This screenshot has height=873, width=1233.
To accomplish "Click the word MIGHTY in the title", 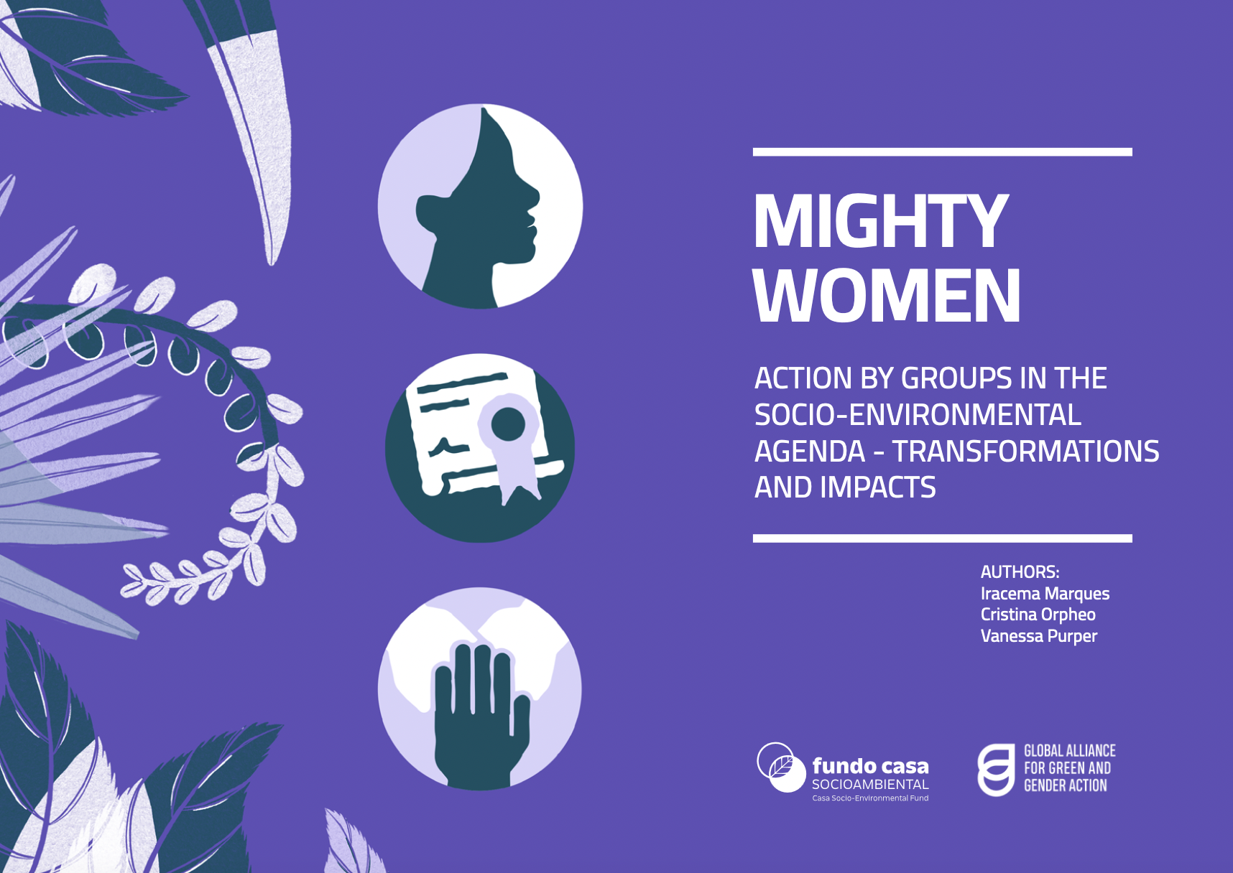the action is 881,221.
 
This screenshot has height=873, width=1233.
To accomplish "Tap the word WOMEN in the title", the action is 887,295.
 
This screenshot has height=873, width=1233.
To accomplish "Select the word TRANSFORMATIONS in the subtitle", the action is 1025,452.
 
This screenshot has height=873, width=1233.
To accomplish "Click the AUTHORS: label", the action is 1020,572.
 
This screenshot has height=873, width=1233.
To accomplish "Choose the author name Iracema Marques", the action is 1045,594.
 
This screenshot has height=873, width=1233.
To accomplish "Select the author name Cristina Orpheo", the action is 1038,615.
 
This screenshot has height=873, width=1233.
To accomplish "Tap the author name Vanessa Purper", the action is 1039,636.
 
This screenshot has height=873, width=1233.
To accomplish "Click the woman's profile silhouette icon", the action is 480,207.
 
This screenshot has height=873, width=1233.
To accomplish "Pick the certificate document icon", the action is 480,447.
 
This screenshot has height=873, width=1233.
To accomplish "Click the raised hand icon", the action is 480,689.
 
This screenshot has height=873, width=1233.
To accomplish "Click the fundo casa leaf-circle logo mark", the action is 782,767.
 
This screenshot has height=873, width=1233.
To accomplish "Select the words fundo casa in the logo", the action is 870,766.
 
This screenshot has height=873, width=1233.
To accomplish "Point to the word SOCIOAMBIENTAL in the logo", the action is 870,785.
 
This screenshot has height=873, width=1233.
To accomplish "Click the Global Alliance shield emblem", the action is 996,770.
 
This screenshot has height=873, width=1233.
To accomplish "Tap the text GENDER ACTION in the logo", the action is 1066,785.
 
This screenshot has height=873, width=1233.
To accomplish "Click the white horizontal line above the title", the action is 943,152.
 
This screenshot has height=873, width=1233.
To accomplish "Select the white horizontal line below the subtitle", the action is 943,538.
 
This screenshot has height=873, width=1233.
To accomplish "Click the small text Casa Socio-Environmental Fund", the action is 870,798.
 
